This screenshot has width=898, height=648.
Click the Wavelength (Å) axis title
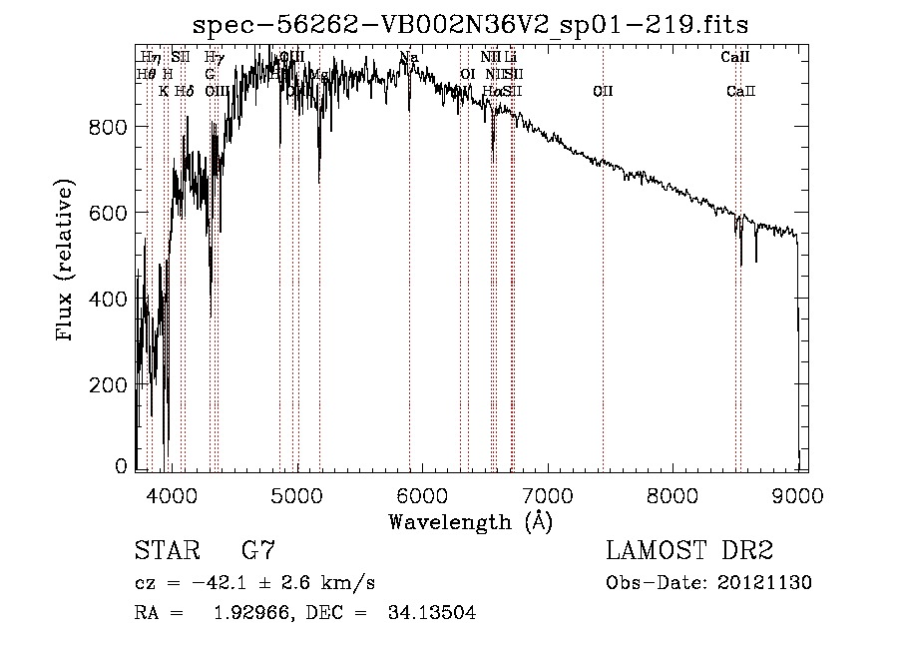470,521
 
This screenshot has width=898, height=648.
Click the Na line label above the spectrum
407,58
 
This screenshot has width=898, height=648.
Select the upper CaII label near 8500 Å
734,58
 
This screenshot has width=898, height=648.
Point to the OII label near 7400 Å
603,92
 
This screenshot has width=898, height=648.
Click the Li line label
510,58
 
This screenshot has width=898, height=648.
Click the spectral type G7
257,550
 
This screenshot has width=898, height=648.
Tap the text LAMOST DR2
689,550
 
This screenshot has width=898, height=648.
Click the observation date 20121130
764,583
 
